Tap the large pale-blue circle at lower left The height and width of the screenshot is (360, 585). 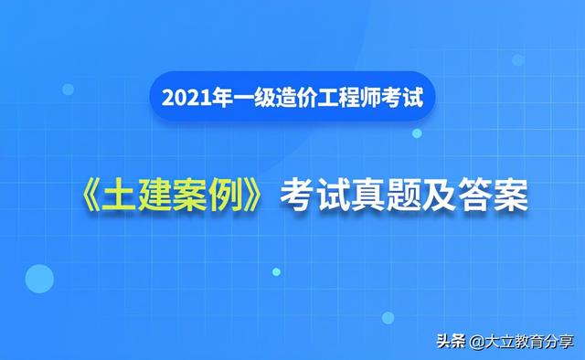[39, 277]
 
